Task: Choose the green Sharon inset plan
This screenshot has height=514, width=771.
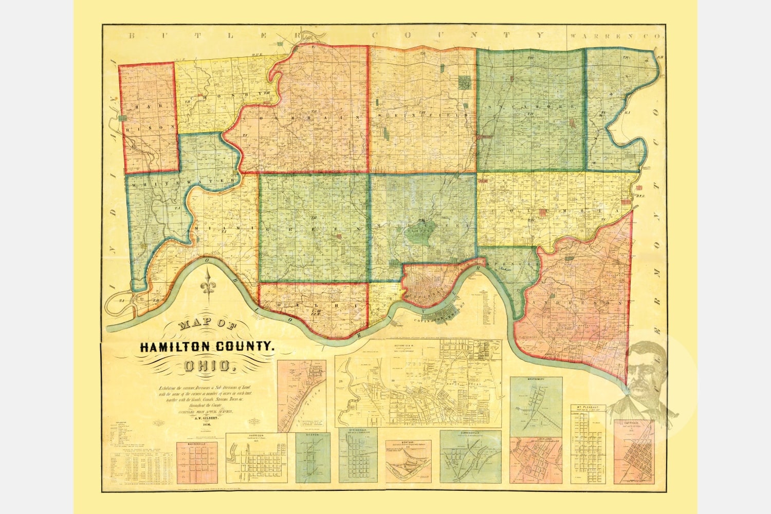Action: tap(312, 457)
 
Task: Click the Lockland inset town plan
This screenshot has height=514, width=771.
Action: tap(536, 460)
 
